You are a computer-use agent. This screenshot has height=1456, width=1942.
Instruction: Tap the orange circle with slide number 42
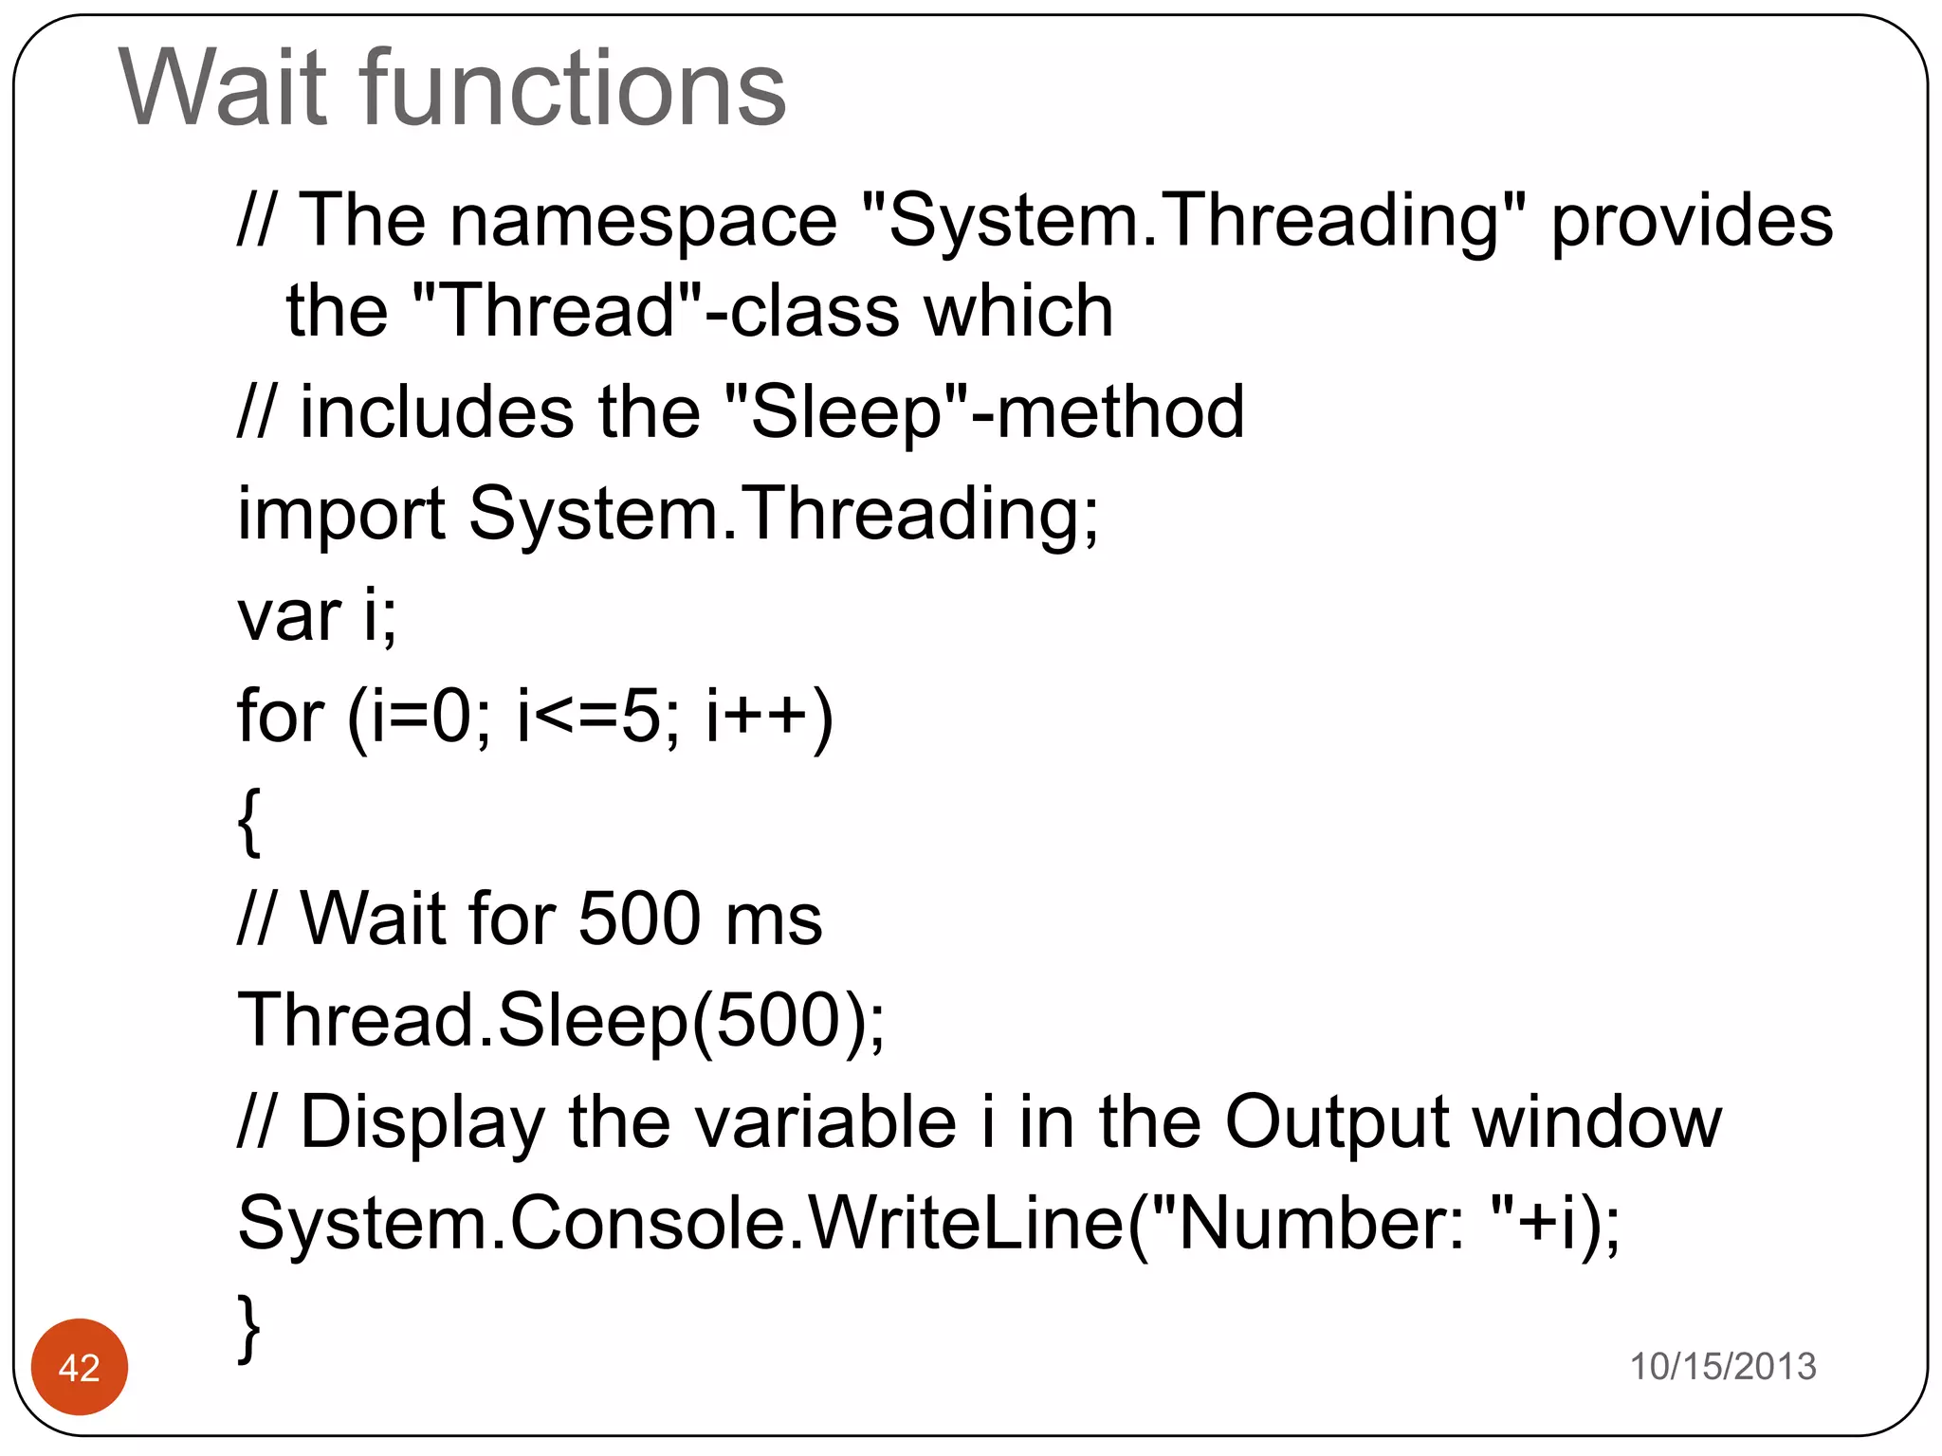pos(80,1367)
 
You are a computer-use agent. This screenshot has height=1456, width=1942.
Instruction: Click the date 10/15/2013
pos(1722,1366)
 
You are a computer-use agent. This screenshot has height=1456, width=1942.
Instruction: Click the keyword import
pos(340,515)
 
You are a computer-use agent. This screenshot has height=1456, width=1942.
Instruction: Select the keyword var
pos(288,616)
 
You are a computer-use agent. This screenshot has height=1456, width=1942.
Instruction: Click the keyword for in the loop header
pos(280,716)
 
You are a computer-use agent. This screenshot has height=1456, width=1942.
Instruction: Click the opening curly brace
pos(248,821)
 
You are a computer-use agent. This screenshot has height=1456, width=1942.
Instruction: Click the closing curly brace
pos(248,1327)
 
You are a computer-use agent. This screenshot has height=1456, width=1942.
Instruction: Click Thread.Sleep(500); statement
pos(560,1021)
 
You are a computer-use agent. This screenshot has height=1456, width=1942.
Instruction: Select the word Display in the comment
pos(422,1123)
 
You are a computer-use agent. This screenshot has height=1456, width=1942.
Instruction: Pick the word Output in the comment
pos(1336,1123)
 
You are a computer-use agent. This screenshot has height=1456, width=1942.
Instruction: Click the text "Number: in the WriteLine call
pos(1309,1224)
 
